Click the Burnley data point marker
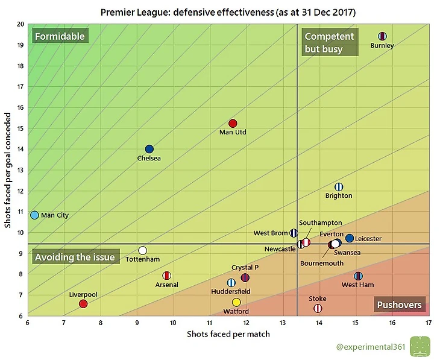point(382,36)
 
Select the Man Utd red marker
point(233,124)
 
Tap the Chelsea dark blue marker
point(149,149)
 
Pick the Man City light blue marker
point(35,215)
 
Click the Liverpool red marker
point(83,304)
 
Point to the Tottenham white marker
point(143,250)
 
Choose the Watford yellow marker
point(236,302)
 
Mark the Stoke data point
point(318,308)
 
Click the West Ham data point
point(358,276)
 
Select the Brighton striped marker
point(339,187)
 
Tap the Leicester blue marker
point(350,238)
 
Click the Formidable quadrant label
point(60,36)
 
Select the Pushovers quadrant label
point(399,305)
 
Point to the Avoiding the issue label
point(74,257)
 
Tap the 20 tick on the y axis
point(20,24)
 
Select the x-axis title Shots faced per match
point(228,334)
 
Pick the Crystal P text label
point(245,267)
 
